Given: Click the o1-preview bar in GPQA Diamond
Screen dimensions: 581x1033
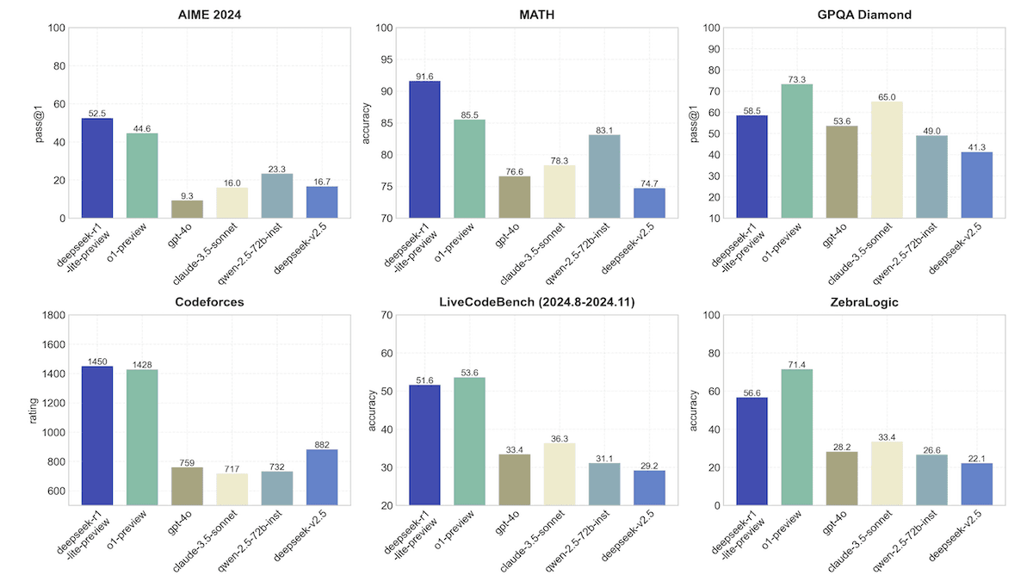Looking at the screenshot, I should click(797, 151).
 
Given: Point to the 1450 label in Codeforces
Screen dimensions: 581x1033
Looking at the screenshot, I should click(97, 361).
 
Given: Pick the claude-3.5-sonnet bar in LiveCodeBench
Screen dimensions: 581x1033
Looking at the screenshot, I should click(560, 474).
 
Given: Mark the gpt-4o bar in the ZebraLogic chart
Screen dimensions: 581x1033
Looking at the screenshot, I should click(842, 479).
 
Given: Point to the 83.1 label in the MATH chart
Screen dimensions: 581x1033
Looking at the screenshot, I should click(604, 129).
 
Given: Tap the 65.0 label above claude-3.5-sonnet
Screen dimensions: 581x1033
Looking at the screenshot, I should click(887, 96).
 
